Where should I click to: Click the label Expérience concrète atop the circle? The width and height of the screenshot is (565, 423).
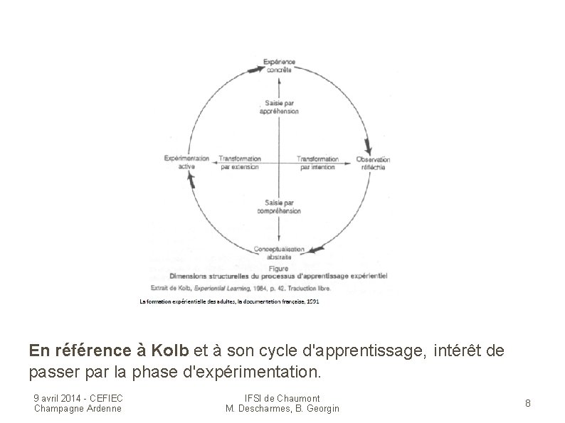[x=279, y=66]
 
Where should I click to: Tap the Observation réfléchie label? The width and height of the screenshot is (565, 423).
[x=373, y=163]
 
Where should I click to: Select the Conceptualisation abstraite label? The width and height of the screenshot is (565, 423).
[x=279, y=253]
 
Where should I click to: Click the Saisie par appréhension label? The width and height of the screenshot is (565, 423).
[x=279, y=107]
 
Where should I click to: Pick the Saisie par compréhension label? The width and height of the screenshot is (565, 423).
[x=279, y=206]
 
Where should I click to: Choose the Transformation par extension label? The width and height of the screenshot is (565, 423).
[x=238, y=163]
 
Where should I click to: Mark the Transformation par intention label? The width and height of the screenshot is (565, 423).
[x=317, y=163]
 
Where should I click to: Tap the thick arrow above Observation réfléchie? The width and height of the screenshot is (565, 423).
[x=367, y=146]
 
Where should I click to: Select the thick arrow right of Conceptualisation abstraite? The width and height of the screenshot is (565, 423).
[x=315, y=250]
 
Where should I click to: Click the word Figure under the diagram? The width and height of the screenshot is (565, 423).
[x=279, y=269]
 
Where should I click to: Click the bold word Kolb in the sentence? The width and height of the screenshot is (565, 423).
[x=170, y=350]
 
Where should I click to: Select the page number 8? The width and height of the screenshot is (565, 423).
[x=528, y=403]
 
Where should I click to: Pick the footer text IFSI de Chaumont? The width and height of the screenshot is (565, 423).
[x=282, y=398]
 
